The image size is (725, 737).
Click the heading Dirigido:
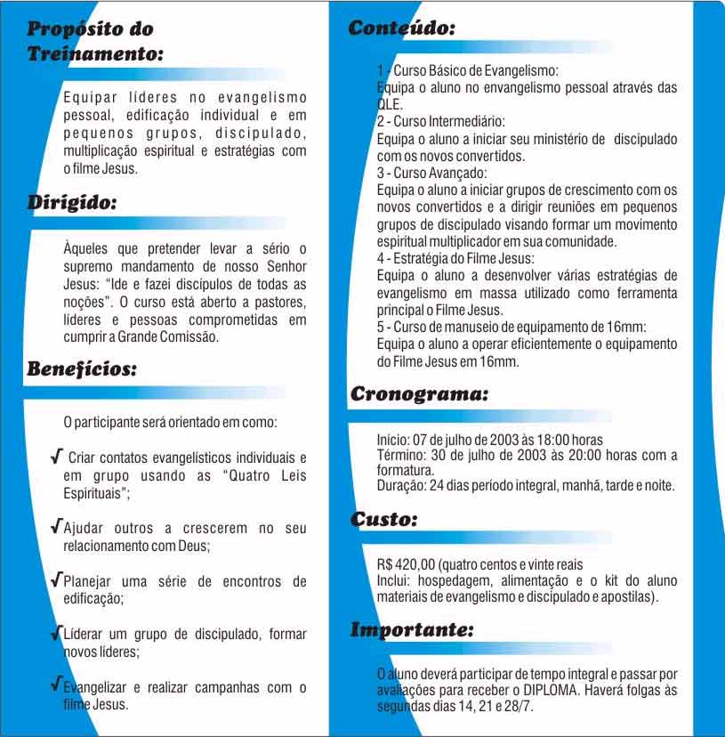(x=72, y=202)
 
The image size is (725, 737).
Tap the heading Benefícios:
(x=82, y=368)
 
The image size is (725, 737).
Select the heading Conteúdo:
(x=402, y=28)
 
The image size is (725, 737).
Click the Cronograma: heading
(x=419, y=393)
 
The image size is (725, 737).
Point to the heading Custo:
(x=383, y=519)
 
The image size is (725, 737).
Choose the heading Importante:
(x=412, y=630)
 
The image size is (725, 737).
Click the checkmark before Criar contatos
(x=57, y=457)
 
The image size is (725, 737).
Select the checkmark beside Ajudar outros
(x=57, y=526)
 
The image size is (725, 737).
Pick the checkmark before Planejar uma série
(x=57, y=580)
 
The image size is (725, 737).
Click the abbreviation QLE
(x=390, y=103)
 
